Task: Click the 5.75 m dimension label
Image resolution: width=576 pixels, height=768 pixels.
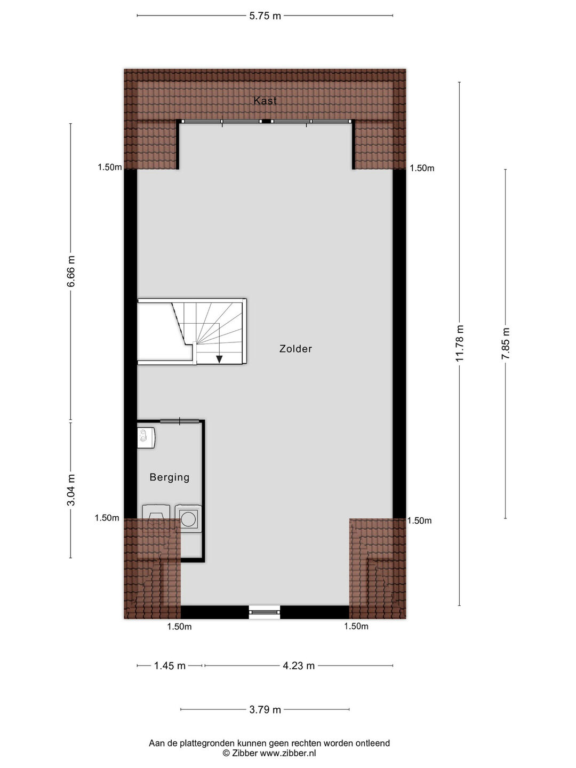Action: (x=265, y=16)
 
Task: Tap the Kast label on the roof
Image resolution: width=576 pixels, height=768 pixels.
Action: (x=265, y=101)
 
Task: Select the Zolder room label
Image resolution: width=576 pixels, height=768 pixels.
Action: (x=295, y=349)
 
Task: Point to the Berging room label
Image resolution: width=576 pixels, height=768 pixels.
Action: (x=170, y=477)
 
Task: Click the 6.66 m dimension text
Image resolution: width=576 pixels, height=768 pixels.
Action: (x=71, y=271)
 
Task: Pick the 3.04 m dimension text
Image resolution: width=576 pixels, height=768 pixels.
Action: (x=71, y=490)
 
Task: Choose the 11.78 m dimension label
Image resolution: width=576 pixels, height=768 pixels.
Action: (x=460, y=343)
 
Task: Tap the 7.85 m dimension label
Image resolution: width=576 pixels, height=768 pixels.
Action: (x=506, y=343)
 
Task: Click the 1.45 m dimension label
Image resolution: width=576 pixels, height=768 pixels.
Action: (x=170, y=666)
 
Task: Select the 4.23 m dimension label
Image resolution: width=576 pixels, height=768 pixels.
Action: (x=299, y=666)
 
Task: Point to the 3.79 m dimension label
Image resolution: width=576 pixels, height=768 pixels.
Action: (x=265, y=709)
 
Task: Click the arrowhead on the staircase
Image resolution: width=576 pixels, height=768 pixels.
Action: (x=219, y=359)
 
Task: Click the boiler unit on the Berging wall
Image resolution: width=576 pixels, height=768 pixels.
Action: (x=146, y=438)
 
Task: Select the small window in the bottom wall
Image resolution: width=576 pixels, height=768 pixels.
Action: (x=265, y=612)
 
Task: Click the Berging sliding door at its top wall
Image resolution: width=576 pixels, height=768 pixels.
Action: (x=180, y=421)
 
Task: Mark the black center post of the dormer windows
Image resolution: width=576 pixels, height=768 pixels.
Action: (x=267, y=122)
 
